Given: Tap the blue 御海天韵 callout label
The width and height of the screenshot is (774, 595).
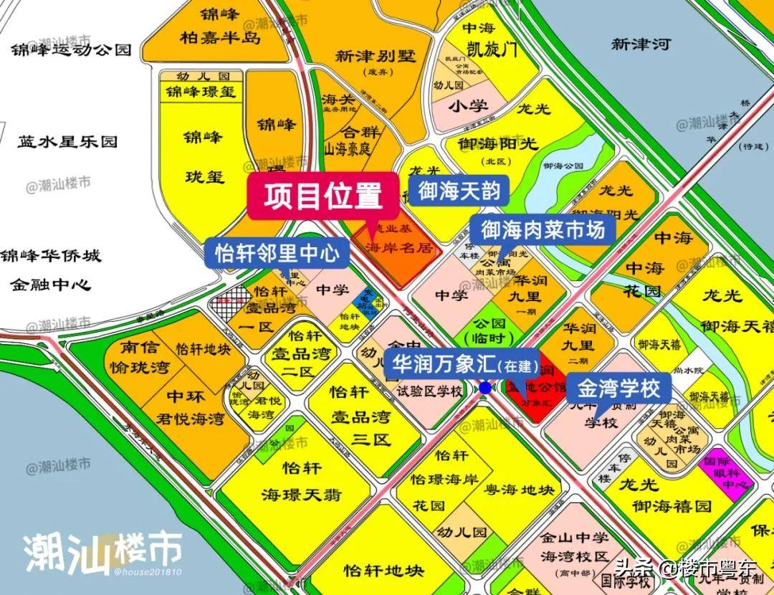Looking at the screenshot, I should point(459,192).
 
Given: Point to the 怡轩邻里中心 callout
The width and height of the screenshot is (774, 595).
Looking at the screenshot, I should point(277,253).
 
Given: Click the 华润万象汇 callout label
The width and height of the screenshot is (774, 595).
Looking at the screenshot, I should point(462,363).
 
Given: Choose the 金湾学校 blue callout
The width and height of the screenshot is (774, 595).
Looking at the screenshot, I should point(619,389).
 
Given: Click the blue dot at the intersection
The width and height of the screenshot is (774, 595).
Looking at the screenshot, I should point(485,388).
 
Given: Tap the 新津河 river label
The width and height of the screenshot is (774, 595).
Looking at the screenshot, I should point(640,44).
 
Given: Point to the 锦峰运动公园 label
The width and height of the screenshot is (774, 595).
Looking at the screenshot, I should point(71,49).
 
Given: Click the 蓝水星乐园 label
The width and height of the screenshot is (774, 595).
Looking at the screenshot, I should point(67,141).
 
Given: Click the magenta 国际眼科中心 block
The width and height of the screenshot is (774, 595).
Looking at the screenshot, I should point(727,474).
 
